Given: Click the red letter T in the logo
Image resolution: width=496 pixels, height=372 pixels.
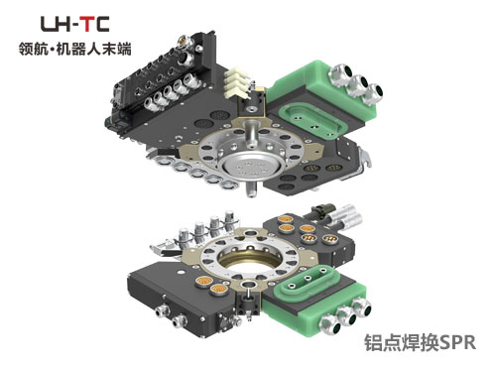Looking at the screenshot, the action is click(x=89, y=24).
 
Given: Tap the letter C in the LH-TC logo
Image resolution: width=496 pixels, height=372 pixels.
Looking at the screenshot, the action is click(x=103, y=24).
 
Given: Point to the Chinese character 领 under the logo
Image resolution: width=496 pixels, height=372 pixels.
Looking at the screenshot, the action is click(x=26, y=50).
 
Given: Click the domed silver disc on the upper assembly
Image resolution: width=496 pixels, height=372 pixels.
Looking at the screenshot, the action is click(x=253, y=168).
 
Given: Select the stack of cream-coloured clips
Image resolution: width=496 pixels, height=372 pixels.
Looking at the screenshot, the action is click(x=236, y=83).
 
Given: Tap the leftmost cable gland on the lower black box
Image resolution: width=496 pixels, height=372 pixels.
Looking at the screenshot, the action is click(x=162, y=310).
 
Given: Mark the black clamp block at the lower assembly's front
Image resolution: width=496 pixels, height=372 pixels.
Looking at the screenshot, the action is click(x=248, y=303).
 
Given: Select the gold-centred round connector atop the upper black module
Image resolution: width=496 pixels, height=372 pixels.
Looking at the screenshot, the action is click(x=182, y=41).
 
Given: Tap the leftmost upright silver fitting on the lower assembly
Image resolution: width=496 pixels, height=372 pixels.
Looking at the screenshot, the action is click(x=184, y=236).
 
